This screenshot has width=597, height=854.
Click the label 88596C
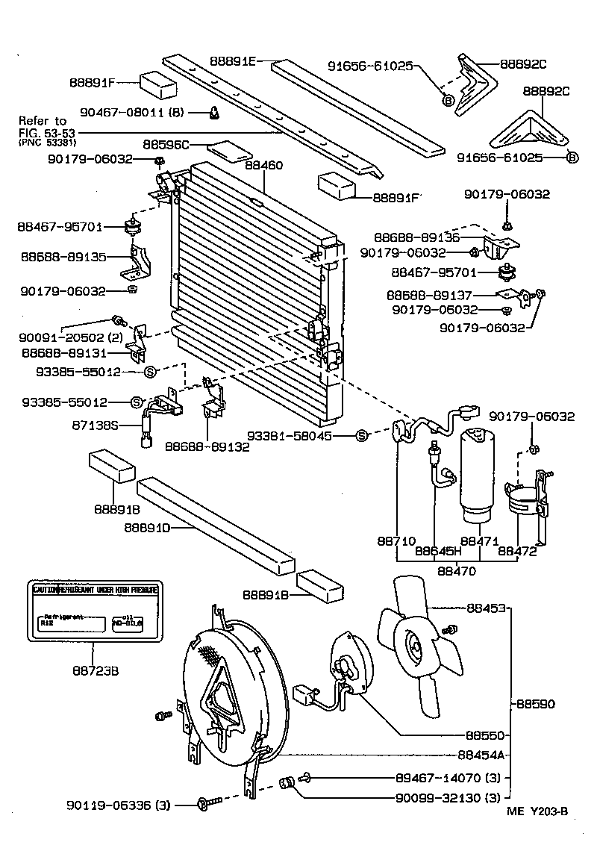166,143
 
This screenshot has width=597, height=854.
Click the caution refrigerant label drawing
96,610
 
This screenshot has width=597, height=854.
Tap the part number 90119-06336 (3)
119,805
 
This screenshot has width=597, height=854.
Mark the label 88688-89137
430,295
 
